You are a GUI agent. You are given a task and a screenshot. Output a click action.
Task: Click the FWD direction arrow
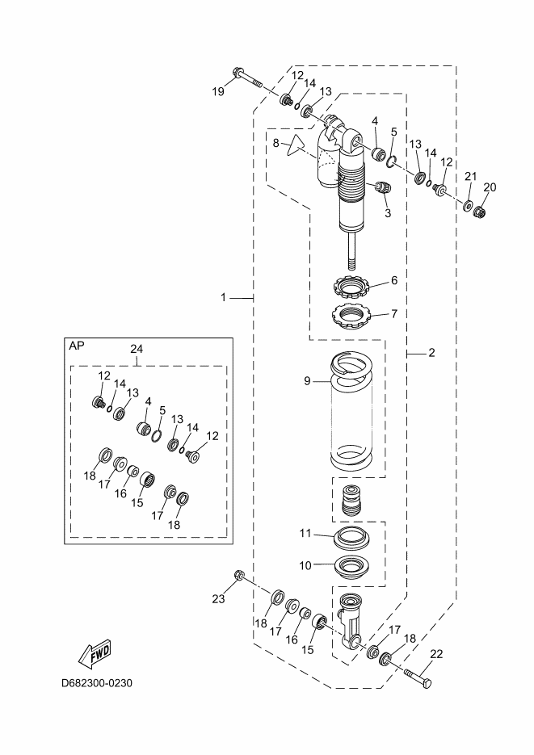point(94,653)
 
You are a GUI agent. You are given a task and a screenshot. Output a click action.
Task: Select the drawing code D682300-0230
point(97,683)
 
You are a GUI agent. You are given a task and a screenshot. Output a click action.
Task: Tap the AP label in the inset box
point(77,346)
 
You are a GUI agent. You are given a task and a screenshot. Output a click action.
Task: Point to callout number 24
point(137,349)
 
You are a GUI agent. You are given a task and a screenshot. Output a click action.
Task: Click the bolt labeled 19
point(246,78)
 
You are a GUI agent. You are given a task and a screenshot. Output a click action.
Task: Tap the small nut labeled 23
point(238,574)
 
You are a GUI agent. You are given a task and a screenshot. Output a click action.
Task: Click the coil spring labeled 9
point(351,411)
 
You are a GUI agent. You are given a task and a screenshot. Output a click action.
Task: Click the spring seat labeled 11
point(351,537)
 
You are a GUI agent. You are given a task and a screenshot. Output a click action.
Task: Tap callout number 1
point(223,298)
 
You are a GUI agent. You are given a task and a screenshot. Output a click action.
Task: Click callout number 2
point(431,353)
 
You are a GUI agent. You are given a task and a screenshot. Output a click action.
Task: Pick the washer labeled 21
point(468,206)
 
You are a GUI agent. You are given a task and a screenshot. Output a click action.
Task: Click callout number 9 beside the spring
point(308,381)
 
